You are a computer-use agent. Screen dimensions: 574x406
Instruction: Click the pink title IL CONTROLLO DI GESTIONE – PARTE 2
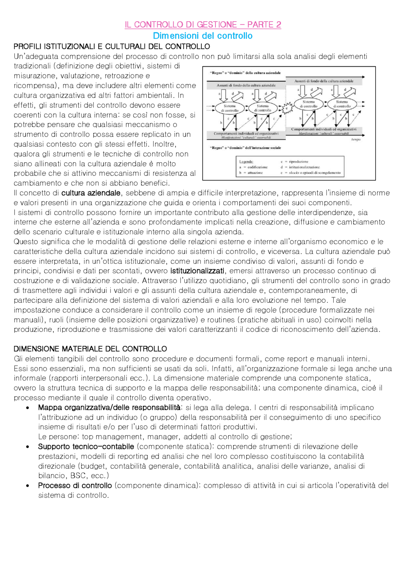tap(203, 25)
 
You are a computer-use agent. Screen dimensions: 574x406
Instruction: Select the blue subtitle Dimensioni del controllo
tap(203, 36)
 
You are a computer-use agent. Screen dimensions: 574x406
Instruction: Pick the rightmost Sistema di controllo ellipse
tap(342, 104)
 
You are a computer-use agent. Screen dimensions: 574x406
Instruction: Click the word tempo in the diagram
tap(356, 139)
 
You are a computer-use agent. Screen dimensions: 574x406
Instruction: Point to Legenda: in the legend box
tap(246, 162)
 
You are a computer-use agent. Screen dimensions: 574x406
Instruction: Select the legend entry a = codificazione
tap(253, 167)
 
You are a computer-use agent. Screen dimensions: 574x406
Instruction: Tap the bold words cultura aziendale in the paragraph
tap(91, 193)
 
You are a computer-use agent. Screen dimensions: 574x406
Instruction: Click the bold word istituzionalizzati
tap(197, 271)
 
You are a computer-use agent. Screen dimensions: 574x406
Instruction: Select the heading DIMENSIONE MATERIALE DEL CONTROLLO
tap(90, 349)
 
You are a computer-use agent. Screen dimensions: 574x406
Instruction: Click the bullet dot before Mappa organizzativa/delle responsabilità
tap(28, 408)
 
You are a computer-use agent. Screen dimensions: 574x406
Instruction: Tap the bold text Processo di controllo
tap(75, 486)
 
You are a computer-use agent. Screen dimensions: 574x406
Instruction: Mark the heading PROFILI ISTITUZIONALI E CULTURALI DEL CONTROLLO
tap(112, 47)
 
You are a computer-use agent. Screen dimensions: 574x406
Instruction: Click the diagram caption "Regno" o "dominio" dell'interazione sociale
tap(245, 148)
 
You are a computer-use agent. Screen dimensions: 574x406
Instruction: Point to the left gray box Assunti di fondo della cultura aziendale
tap(246, 85)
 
